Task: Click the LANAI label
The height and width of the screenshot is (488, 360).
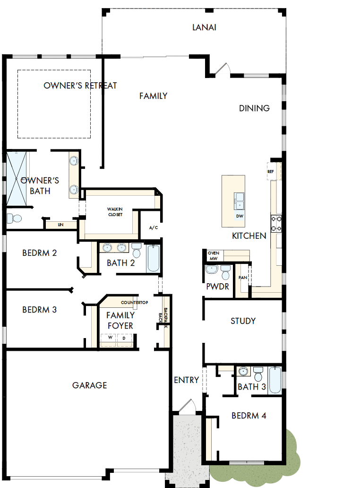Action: pyautogui.click(x=204, y=27)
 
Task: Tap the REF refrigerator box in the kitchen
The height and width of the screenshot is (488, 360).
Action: pyautogui.click(x=271, y=172)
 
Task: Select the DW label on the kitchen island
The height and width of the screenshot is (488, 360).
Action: pyautogui.click(x=240, y=216)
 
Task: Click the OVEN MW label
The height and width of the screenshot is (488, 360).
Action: pyautogui.click(x=214, y=256)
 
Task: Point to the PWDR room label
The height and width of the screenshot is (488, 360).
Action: pyautogui.click(x=217, y=287)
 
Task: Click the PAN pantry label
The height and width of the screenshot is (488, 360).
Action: pyautogui.click(x=243, y=278)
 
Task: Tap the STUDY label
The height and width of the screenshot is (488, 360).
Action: pyautogui.click(x=243, y=321)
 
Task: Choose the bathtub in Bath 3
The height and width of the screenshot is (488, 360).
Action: pyautogui.click(x=276, y=381)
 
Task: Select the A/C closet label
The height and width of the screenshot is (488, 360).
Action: pyautogui.click(x=154, y=227)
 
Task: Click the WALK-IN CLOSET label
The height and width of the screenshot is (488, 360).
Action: pyautogui.click(x=114, y=211)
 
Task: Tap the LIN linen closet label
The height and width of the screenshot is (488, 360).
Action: pyautogui.click(x=61, y=225)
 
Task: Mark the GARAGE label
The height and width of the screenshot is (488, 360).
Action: pyautogui.click(x=89, y=385)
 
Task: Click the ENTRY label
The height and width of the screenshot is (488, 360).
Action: pyautogui.click(x=186, y=380)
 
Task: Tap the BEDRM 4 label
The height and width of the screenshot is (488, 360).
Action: pyautogui.click(x=249, y=416)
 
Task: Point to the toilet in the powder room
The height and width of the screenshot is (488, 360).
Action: pyautogui.click(x=225, y=273)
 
